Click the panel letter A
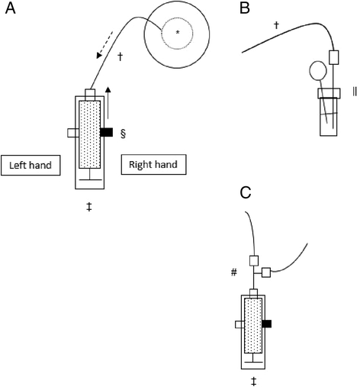11,8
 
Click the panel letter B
245,8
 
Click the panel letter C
246,192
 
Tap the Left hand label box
31,166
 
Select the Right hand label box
153,165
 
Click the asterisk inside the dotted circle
178,32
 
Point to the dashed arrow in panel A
104,45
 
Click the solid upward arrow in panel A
108,103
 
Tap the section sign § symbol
123,134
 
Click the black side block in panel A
107,132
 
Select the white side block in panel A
73,133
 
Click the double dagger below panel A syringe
89,206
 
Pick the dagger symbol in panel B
276,25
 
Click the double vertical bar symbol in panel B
355,92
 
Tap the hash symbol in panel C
233,273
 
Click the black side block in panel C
267,324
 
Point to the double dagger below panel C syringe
253,382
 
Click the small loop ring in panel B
318,70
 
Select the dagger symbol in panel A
120,57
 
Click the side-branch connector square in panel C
266,273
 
